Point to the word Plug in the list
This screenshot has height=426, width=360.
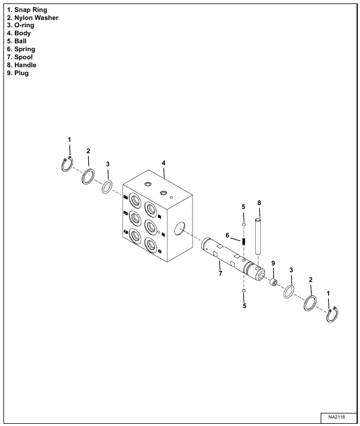point(22,73)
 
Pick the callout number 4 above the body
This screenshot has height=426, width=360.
point(163,163)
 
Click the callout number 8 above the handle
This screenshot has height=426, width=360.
point(259,202)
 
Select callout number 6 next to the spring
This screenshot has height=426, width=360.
point(227,235)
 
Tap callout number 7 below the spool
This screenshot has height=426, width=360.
point(220,274)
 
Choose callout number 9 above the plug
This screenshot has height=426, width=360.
point(273,263)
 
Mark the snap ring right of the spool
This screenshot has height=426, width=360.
point(332,314)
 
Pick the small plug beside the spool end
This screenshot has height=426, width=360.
point(273,282)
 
